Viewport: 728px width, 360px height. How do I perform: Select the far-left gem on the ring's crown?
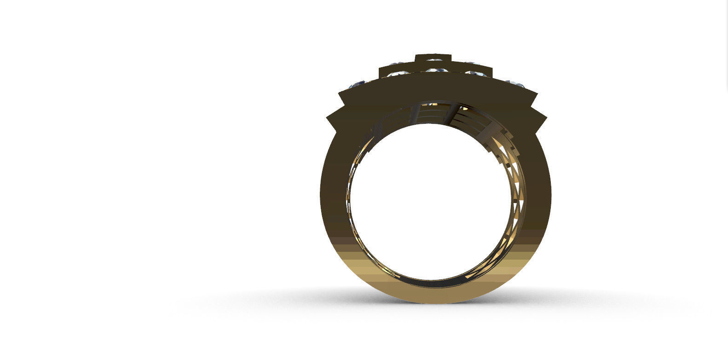(x=358, y=84)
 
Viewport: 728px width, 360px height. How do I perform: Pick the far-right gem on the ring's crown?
(x=516, y=84)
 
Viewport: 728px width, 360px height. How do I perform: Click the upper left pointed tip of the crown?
(x=339, y=93)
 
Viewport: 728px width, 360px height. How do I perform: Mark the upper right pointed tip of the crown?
(x=537, y=93)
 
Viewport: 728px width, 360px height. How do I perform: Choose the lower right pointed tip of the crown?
(x=546, y=117)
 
